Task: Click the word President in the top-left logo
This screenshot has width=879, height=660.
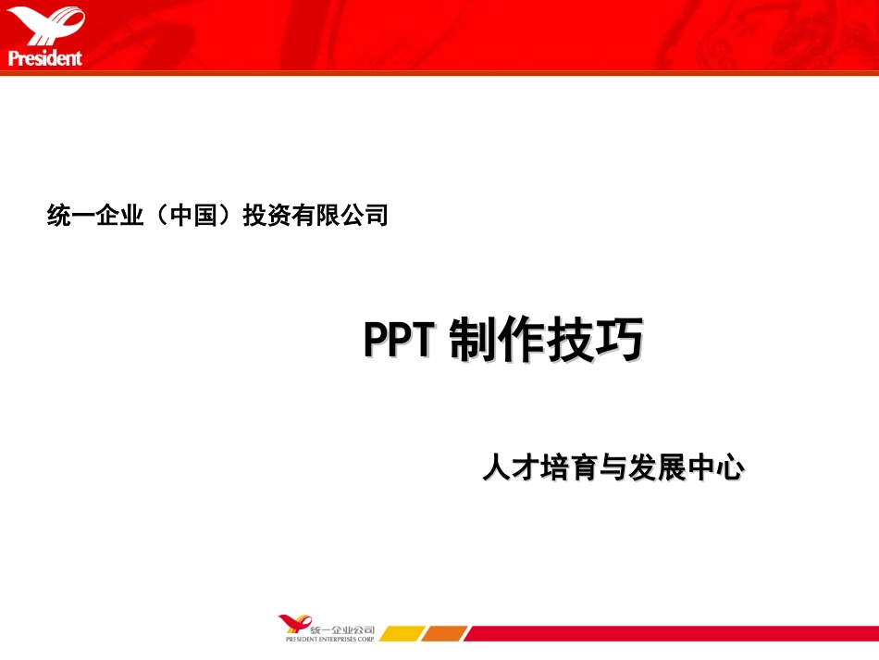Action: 45,58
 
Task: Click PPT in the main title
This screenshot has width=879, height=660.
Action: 399,341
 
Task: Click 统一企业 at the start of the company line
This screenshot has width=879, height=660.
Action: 94,217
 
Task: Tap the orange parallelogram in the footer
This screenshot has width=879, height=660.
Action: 446,634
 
